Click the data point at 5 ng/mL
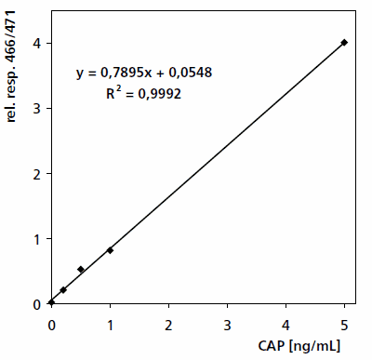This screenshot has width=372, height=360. (344, 42)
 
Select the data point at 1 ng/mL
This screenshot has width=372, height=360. (110, 250)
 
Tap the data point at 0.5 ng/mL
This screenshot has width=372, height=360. (81, 270)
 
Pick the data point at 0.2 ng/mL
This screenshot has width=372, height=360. (63, 290)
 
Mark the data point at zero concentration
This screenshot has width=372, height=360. (52, 302)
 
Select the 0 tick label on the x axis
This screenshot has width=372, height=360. (51, 325)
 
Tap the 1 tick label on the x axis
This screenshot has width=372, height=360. (110, 325)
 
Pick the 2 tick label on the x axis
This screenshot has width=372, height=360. (168, 325)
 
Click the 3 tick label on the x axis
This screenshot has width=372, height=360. (227, 325)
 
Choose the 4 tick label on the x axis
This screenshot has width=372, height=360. (286, 325)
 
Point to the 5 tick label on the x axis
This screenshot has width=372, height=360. (344, 325)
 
